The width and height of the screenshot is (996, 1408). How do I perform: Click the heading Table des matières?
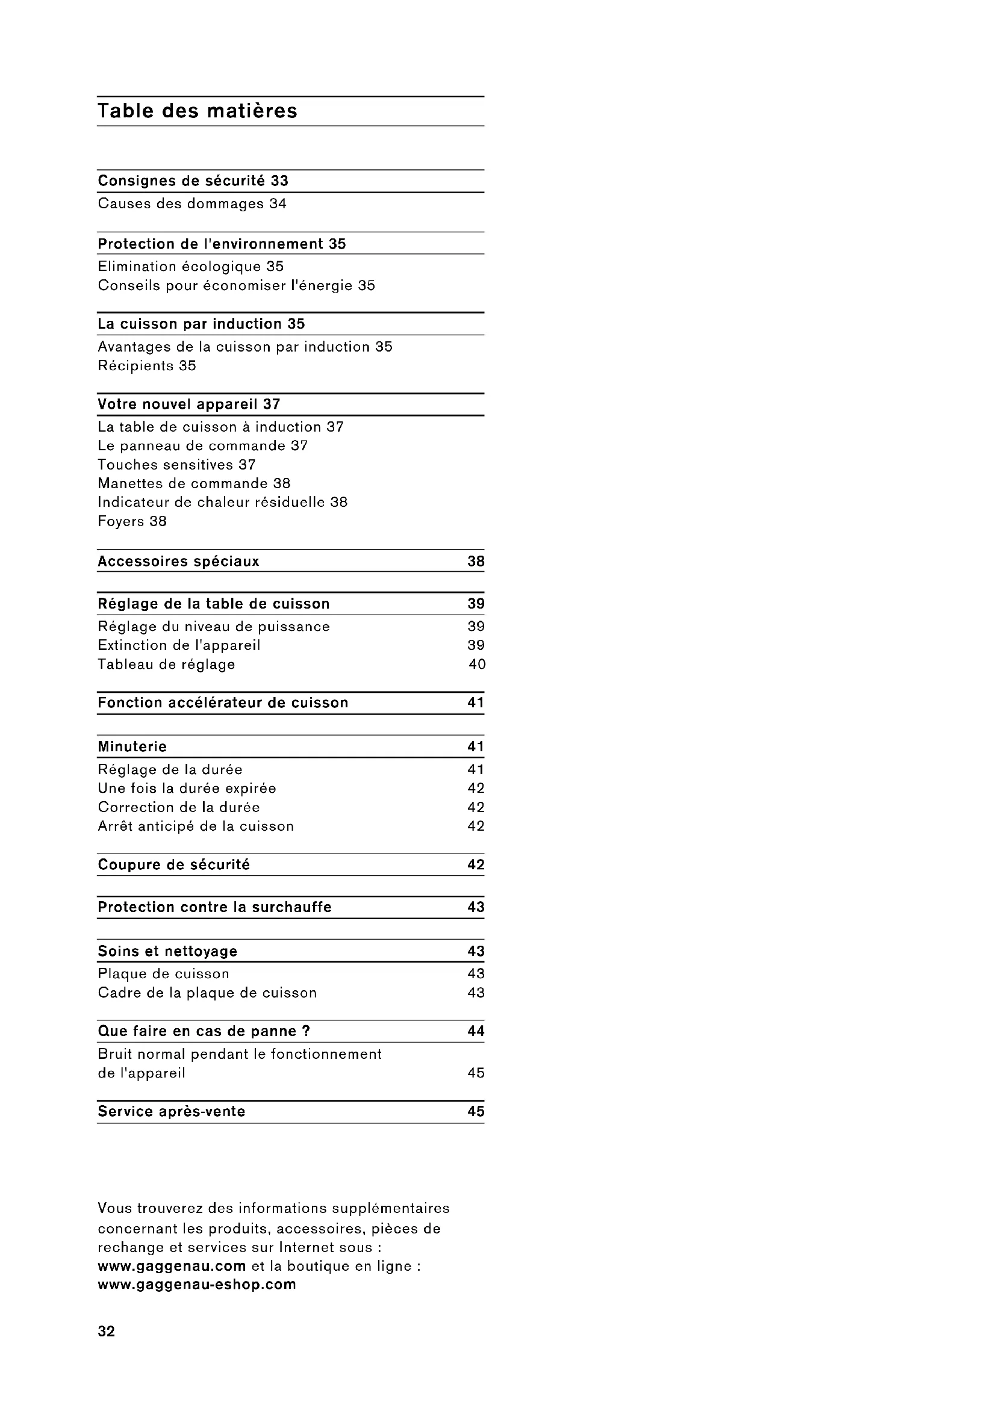pos(197,111)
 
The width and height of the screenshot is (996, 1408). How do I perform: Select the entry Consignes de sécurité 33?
pos(193,181)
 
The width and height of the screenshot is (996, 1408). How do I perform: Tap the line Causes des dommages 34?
pos(192,203)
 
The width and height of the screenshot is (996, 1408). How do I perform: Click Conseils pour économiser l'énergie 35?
pos(236,285)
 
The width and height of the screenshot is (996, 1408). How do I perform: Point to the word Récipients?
pos(135,365)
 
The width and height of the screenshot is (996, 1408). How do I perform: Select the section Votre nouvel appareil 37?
pos(189,404)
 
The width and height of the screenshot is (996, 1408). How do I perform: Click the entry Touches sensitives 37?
pos(176,464)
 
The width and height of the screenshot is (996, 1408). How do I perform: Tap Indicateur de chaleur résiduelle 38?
pos(223,502)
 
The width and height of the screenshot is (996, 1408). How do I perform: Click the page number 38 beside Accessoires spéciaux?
pos(476,561)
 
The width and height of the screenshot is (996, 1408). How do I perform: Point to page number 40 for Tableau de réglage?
pos(477,664)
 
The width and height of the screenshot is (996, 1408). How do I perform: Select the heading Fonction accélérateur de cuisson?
pos(223,702)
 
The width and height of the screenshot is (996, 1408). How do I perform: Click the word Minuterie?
pos(132,746)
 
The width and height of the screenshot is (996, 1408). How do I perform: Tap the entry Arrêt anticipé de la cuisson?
pos(196,826)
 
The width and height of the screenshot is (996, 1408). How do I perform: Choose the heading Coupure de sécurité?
pos(173,864)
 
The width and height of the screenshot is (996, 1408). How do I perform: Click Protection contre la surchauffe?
pos(214,907)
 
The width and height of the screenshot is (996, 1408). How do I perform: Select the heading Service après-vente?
pos(171,1111)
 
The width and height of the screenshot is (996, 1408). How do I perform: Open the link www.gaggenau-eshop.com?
pos(197,1284)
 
